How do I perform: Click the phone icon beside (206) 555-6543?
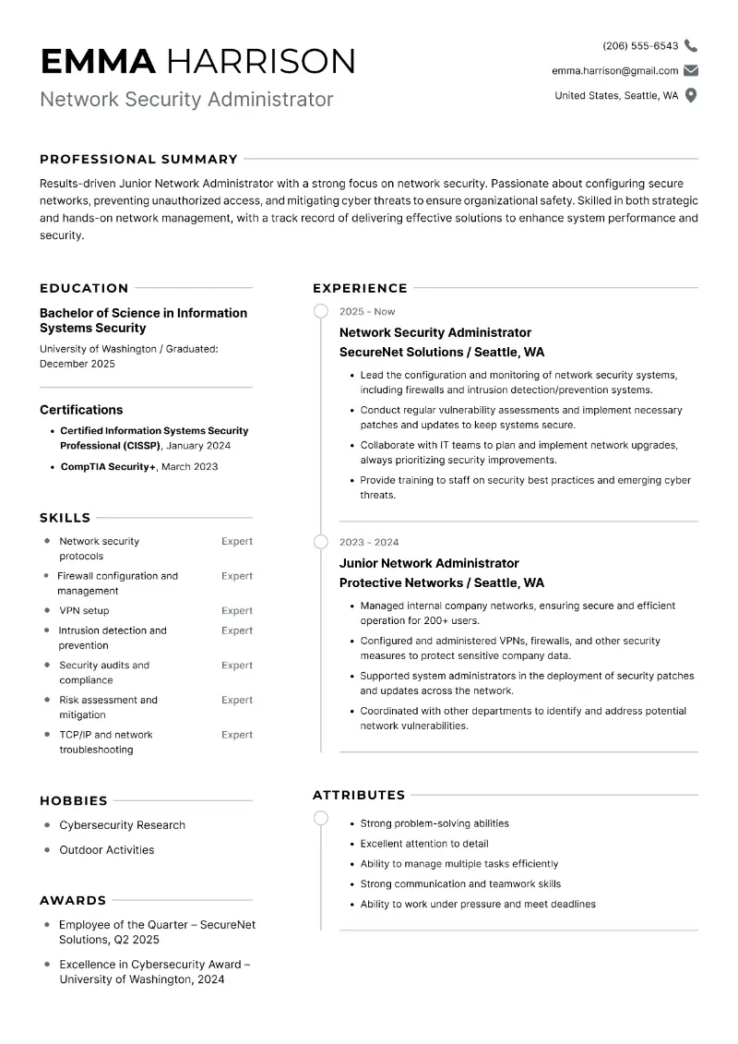click(x=691, y=45)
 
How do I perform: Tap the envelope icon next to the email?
click(x=691, y=70)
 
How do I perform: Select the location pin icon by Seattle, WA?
click(x=691, y=95)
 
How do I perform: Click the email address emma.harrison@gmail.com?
click(x=614, y=70)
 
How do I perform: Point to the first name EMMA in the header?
click(x=99, y=61)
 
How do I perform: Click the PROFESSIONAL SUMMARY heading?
click(x=138, y=159)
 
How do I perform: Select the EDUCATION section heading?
click(x=84, y=288)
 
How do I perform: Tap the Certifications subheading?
click(x=81, y=410)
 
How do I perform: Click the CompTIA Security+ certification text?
click(x=108, y=466)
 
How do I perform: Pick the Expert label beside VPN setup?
click(x=236, y=610)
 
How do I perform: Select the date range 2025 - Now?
click(x=367, y=312)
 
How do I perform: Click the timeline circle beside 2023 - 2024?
click(x=321, y=542)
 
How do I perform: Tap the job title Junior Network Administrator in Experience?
click(x=429, y=563)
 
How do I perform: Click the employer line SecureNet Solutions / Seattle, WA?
click(x=442, y=352)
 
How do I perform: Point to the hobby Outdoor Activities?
click(x=106, y=850)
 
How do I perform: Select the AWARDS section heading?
click(x=73, y=900)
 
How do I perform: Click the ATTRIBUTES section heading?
click(x=359, y=795)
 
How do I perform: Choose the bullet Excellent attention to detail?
click(x=424, y=844)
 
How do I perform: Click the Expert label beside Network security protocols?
click(x=236, y=541)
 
